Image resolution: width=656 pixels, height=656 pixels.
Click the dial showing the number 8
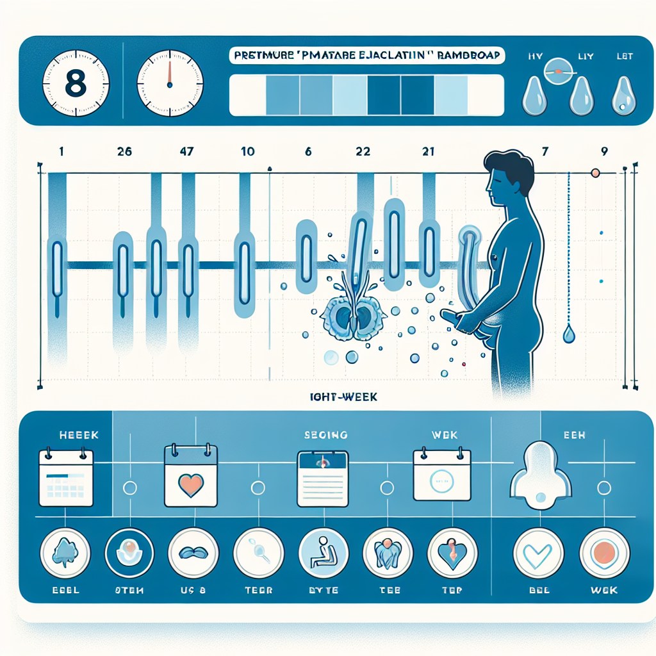(x=76, y=85)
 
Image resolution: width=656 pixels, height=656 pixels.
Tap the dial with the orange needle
(x=170, y=85)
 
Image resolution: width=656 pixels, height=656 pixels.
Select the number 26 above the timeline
(x=125, y=152)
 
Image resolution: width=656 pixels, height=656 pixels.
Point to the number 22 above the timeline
(x=363, y=152)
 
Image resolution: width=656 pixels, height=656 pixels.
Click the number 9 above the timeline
(x=604, y=152)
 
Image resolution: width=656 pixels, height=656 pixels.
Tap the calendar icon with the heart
(x=190, y=477)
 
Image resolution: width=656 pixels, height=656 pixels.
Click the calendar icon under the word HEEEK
(x=66, y=478)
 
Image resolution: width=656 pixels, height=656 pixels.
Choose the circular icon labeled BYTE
(x=324, y=552)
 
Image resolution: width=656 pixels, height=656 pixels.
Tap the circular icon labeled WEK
(x=604, y=553)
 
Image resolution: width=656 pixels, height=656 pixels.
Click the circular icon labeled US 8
(x=194, y=552)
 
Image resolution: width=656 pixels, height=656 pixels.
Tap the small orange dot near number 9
(x=595, y=173)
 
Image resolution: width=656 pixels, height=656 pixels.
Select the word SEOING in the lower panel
(x=325, y=435)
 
